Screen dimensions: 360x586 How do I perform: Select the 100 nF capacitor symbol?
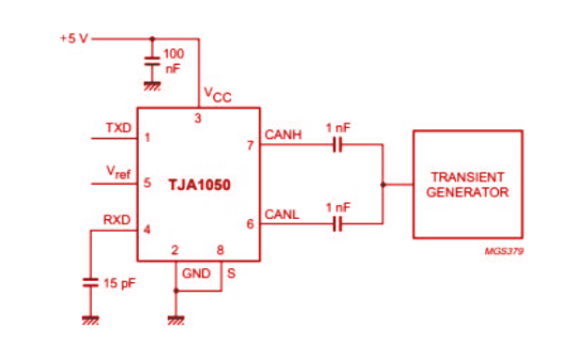tap(150, 62)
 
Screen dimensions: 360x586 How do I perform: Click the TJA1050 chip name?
tap(198, 185)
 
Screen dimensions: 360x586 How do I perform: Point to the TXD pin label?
tap(119, 127)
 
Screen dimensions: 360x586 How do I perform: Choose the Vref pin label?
tap(119, 173)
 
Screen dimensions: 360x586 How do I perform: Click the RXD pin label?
tap(118, 220)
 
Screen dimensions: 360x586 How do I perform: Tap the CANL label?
tap(282, 215)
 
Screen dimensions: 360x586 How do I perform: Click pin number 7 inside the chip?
tap(248, 145)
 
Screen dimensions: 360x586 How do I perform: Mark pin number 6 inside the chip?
tap(248, 225)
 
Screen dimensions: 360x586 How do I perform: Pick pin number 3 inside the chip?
tap(197, 119)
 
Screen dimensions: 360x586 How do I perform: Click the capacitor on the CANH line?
tap(338, 145)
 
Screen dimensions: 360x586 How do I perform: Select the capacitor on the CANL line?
tap(338, 225)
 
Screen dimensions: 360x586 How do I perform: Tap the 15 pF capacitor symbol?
tap(90, 282)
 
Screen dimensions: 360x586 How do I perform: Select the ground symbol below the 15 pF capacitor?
tap(90, 319)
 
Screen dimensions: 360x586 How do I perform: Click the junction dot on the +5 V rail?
tap(150, 39)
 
